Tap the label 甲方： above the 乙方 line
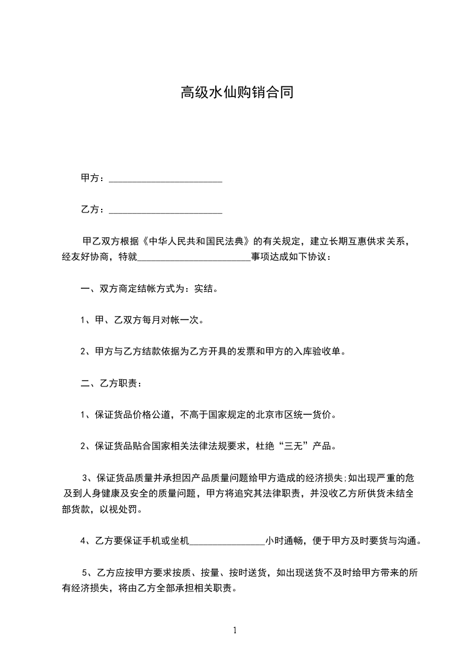[93, 178]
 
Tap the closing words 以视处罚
[123, 510]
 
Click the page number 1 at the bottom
[235, 630]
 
